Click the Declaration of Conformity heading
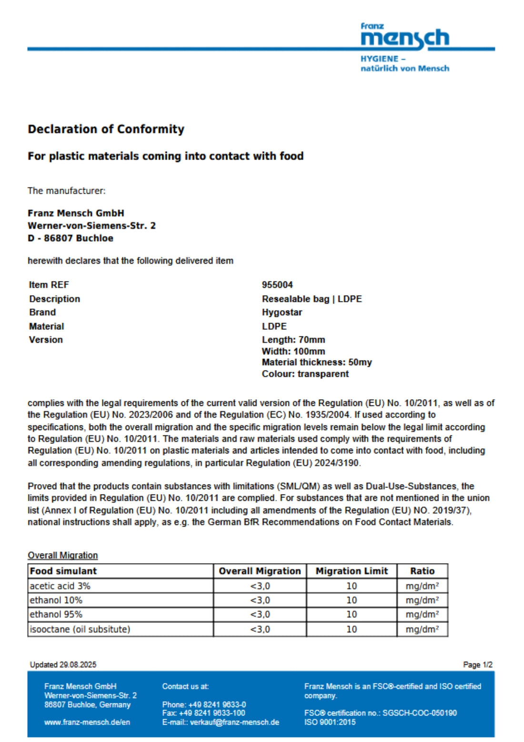[106, 129]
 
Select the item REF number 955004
[277, 285]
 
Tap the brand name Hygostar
[282, 312]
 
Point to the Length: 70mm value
[293, 340]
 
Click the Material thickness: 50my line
[317, 362]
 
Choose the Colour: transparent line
[305, 374]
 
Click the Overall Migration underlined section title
[62, 555]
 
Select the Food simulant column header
[63, 571]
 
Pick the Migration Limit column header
[352, 571]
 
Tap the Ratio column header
[422, 571]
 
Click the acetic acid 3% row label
[60, 586]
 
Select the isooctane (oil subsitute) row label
[80, 629]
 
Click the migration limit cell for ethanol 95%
[352, 614]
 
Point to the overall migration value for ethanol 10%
[260, 600]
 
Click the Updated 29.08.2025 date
[63, 664]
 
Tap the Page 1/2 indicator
[477, 664]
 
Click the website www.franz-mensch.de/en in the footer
[87, 722]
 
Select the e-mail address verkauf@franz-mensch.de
[234, 722]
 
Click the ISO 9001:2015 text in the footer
[330, 722]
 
